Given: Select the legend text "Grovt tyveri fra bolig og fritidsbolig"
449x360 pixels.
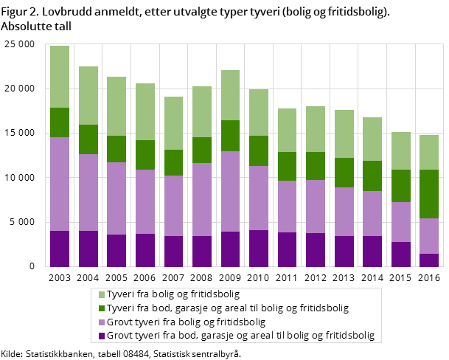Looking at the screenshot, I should coord(186,322).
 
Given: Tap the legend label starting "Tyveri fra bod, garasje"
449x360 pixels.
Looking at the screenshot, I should coord(228,308).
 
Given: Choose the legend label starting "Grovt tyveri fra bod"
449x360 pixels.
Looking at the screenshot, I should coord(240,336).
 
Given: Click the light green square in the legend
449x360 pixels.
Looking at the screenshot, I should coord(102,294).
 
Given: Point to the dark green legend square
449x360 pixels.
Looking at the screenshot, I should coord(102,308).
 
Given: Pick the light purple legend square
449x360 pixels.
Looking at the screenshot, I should coord(102,322).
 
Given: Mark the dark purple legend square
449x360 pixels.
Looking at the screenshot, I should coord(102,336).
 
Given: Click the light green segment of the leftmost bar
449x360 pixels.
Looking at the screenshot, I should coord(60,77).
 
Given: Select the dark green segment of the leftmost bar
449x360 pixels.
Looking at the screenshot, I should coord(60,122).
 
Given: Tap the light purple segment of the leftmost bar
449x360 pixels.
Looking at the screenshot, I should coord(60,184).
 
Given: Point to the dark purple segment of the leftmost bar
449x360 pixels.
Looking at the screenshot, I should coord(60,249).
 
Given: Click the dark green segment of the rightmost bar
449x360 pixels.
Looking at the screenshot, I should coord(429,194).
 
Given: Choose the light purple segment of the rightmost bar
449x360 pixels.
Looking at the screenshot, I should coord(429,236).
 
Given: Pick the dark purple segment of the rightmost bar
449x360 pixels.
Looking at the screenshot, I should coord(429,260).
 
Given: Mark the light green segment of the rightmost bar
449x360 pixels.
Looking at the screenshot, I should coord(429,152).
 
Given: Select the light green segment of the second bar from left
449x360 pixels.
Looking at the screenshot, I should coord(88,95).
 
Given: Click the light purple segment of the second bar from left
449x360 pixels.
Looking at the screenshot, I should coord(88,193).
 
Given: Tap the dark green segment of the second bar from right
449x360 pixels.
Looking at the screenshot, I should coord(401,186).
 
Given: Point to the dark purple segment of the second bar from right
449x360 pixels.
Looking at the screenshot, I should coord(401,254).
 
